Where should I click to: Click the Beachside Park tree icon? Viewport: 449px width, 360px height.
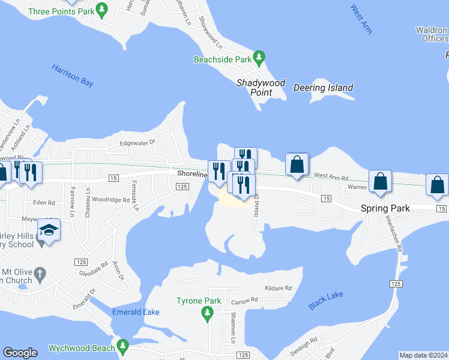tap(259, 59)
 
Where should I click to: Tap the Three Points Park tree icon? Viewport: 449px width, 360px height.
tap(101, 10)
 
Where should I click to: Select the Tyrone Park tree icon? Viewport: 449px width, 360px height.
tap(207, 312)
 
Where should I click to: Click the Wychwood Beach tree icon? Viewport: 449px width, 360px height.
tap(123, 346)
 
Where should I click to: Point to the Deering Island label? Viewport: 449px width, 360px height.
tap(323, 88)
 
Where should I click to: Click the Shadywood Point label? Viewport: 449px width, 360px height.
tap(261, 88)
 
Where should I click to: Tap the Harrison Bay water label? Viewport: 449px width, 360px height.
tap(73, 76)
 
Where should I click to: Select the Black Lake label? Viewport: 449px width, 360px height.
tap(326, 301)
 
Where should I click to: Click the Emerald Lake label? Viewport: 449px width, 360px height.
tap(135, 312)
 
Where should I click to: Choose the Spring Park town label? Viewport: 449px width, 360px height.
tap(385, 208)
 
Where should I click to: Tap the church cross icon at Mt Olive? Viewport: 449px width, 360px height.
tap(40, 274)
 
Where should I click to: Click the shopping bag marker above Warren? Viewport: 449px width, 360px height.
tap(380, 181)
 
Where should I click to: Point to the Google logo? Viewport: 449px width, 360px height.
tap(20, 353)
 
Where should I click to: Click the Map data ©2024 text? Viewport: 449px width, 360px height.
tap(423, 355)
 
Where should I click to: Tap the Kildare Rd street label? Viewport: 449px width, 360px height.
tap(280, 289)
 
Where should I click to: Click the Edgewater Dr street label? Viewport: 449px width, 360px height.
tap(137, 143)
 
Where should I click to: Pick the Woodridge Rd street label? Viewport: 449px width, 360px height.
tap(111, 199)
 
